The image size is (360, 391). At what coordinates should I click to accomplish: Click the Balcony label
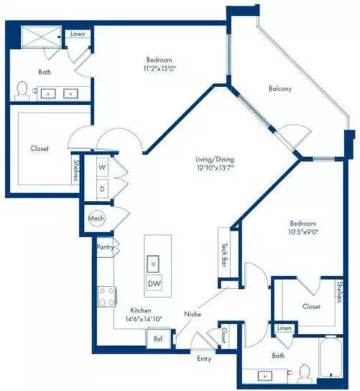click(280, 89)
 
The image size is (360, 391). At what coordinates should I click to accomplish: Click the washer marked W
click(102, 168)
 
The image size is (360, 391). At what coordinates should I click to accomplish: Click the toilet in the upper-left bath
click(22, 92)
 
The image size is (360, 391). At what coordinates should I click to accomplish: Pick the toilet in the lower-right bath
click(304, 372)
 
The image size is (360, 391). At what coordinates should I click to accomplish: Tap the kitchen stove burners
click(105, 295)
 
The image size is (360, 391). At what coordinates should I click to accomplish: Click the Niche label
click(192, 314)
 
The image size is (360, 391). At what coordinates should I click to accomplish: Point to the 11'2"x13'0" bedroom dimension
click(160, 68)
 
